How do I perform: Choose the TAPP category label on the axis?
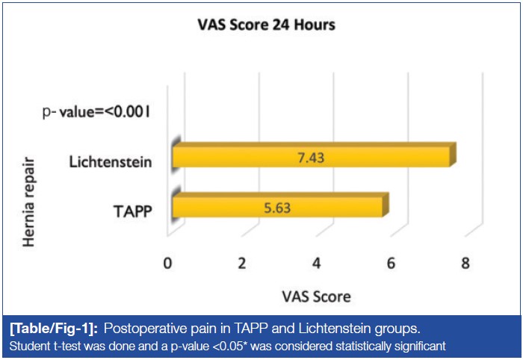tap(134, 212)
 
